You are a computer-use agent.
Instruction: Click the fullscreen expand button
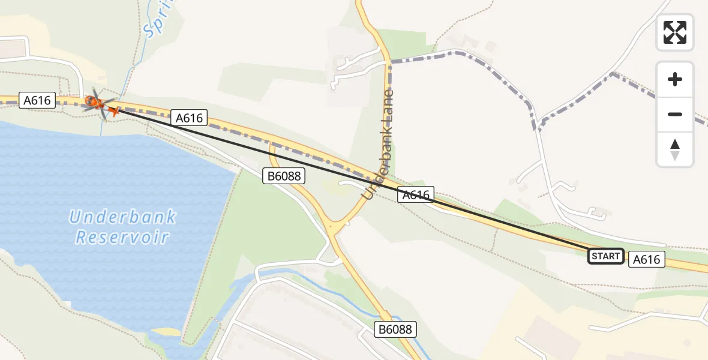[675, 32]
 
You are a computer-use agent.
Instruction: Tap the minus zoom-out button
[675, 114]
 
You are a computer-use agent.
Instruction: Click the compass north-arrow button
[675, 149]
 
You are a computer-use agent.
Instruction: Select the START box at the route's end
[605, 256]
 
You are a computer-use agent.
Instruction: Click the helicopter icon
[95, 102]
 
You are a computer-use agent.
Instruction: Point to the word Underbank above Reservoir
[122, 216]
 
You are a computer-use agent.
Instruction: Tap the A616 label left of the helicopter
[37, 100]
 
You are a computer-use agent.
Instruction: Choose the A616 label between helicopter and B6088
[190, 118]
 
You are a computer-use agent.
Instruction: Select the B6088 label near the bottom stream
[395, 329]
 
